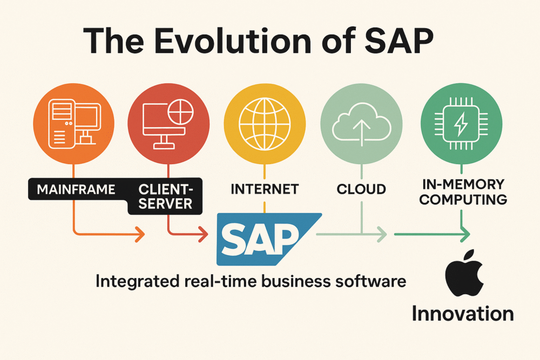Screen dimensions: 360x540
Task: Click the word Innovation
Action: (462, 314)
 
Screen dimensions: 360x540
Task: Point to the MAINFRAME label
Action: (76, 189)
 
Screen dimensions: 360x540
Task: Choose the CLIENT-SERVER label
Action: (165, 196)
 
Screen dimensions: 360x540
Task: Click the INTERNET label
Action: (265, 189)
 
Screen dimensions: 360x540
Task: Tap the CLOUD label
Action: (361, 189)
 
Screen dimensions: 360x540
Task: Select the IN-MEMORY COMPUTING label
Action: (463, 192)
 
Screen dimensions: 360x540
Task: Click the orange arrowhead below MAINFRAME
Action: (140, 234)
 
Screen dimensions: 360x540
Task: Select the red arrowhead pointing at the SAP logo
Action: (204, 234)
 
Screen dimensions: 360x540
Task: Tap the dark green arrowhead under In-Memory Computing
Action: (464, 234)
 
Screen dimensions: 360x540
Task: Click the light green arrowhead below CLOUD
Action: (382, 234)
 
